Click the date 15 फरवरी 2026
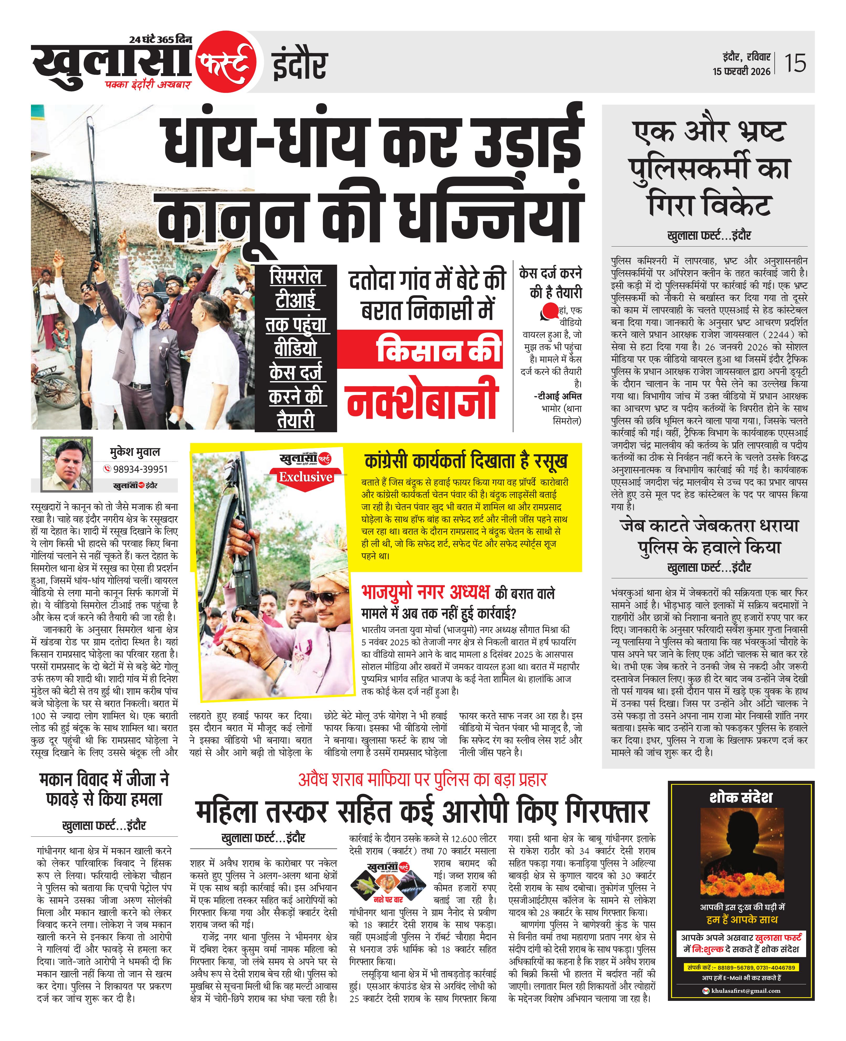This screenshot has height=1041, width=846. click(x=741, y=71)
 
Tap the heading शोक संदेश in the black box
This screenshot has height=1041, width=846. click(x=741, y=797)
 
